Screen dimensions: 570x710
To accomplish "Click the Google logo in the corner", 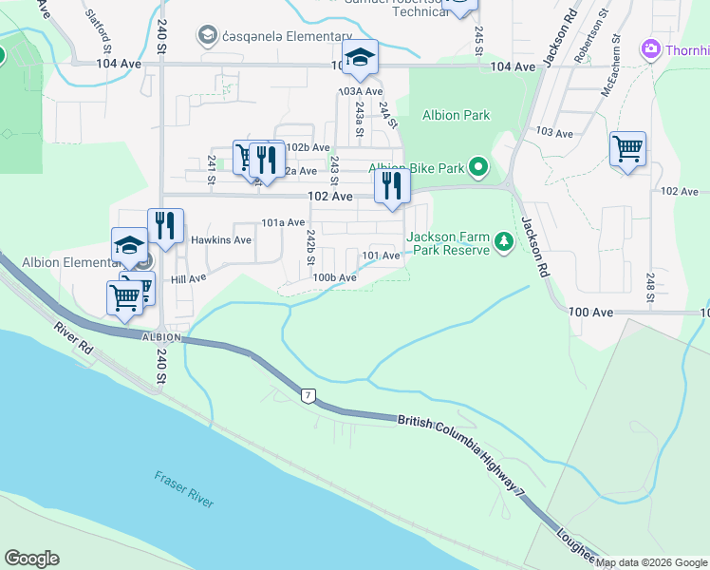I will (32, 558).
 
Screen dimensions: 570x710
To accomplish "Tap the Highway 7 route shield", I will (307, 394).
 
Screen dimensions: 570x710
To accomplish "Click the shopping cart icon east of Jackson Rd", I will (627, 149).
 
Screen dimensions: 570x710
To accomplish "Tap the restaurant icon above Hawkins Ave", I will (166, 226).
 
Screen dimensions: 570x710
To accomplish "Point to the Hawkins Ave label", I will (221, 240).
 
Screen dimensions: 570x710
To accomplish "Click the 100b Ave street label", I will (334, 277).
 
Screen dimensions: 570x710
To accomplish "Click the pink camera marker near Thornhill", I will (651, 47).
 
